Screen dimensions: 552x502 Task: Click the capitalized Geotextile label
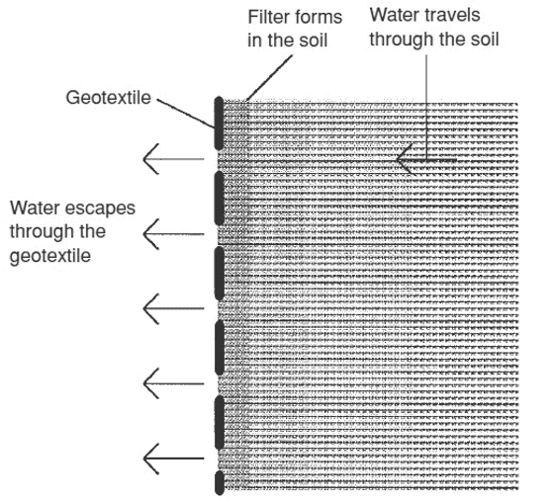tap(109, 97)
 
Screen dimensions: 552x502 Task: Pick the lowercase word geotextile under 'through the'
tap(50, 256)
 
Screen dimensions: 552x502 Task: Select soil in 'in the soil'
tap(314, 41)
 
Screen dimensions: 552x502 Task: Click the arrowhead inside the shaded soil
tap(405, 159)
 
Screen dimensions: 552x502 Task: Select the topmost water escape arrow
tap(173, 159)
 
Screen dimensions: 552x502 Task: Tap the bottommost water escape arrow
tap(173, 459)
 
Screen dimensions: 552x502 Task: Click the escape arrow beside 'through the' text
tap(173, 234)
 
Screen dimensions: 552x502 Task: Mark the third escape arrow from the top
tap(173, 308)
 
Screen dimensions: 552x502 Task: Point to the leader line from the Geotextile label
tap(186, 114)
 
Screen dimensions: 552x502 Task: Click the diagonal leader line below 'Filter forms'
tap(269, 78)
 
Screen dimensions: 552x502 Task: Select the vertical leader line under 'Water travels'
tap(426, 108)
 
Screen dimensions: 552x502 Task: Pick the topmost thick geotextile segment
tap(219, 124)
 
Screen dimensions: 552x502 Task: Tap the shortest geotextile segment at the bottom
tap(220, 482)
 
